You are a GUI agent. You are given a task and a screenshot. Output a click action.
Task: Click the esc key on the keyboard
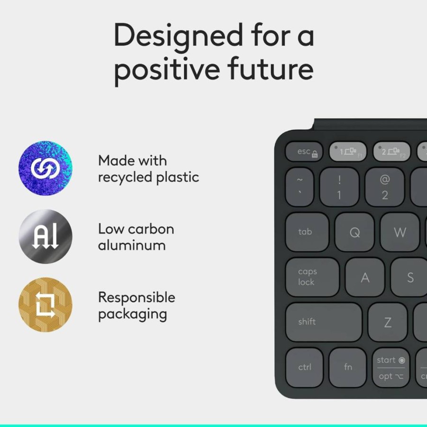(x=304, y=151)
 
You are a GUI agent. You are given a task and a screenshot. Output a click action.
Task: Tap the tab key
(x=307, y=232)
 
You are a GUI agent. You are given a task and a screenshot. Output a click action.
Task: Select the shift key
(x=324, y=322)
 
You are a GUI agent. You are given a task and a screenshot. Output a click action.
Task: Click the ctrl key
(x=304, y=367)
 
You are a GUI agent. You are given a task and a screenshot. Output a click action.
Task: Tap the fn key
(x=347, y=367)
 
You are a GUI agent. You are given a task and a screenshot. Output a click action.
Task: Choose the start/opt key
(x=391, y=367)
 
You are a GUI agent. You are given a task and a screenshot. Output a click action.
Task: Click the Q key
(x=354, y=232)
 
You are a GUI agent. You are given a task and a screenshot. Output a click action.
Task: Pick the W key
(x=400, y=232)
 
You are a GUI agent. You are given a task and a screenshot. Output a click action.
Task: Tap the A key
(x=364, y=277)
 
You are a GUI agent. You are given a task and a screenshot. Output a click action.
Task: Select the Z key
(x=388, y=322)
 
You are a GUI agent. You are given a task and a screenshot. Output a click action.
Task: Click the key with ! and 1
(x=339, y=187)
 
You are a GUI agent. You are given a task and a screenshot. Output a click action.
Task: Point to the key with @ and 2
(x=384, y=187)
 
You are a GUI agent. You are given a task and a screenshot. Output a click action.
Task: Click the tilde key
(x=300, y=187)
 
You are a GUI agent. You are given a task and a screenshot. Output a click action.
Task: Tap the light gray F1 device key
(x=347, y=151)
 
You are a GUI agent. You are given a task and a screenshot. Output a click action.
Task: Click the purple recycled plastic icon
(x=45, y=168)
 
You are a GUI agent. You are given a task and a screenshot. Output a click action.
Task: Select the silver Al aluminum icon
(x=45, y=236)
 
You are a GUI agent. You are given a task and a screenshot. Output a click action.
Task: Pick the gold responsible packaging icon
(x=45, y=305)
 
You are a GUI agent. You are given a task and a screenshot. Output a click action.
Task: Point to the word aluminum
(x=132, y=245)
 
